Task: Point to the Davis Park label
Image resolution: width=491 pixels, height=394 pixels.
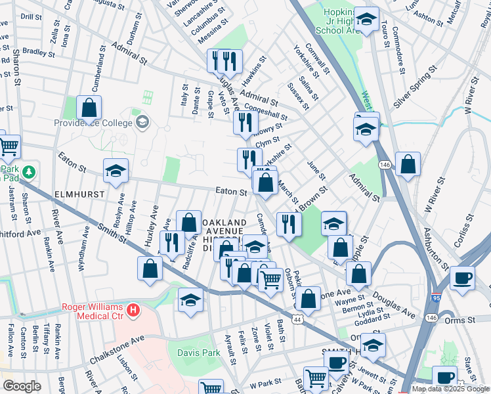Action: [199, 353]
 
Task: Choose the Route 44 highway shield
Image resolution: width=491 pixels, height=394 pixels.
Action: [297, 319]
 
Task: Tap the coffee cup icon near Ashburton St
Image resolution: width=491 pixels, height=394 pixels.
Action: [461, 278]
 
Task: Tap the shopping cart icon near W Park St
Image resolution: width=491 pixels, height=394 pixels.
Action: [316, 378]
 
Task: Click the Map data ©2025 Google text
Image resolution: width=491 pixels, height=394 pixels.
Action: [450, 389]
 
